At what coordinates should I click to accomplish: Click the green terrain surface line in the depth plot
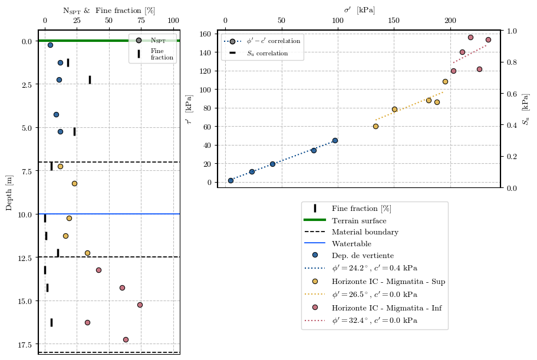point(83,41)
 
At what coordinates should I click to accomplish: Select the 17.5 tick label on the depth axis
point(26,344)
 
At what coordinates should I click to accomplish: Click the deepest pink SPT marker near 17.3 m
point(126,339)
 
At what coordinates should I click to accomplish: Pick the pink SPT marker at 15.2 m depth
point(140,305)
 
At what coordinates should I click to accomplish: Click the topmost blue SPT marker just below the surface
point(50,45)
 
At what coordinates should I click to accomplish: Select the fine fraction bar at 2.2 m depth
point(90,80)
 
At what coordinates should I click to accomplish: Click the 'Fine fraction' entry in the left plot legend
point(162,54)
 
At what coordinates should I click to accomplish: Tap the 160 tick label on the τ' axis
point(205,34)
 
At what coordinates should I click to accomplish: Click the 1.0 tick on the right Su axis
point(512,31)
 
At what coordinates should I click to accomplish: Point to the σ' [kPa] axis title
point(359,10)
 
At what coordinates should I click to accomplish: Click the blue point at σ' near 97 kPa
point(335,140)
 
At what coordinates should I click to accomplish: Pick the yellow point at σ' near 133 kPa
point(375,126)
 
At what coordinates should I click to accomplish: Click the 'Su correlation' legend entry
point(267,53)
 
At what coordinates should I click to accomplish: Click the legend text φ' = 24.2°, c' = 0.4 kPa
point(374,267)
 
